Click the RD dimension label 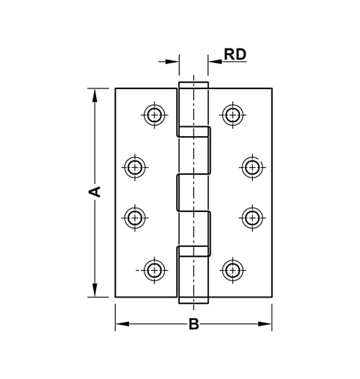click(235, 54)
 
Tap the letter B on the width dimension click(194, 324)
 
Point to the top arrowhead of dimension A click(95, 95)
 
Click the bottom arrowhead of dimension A click(95, 290)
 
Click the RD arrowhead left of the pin click(173, 62)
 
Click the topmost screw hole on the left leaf click(154, 114)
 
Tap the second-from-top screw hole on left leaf click(135, 167)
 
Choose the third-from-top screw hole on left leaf click(135, 217)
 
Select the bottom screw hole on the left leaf click(154, 270)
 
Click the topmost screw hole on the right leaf click(232, 114)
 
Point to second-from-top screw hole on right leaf click(252, 167)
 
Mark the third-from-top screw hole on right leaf click(252, 217)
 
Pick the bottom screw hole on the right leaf click(232, 270)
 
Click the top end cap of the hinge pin click(194, 85)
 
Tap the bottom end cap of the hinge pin click(194, 300)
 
